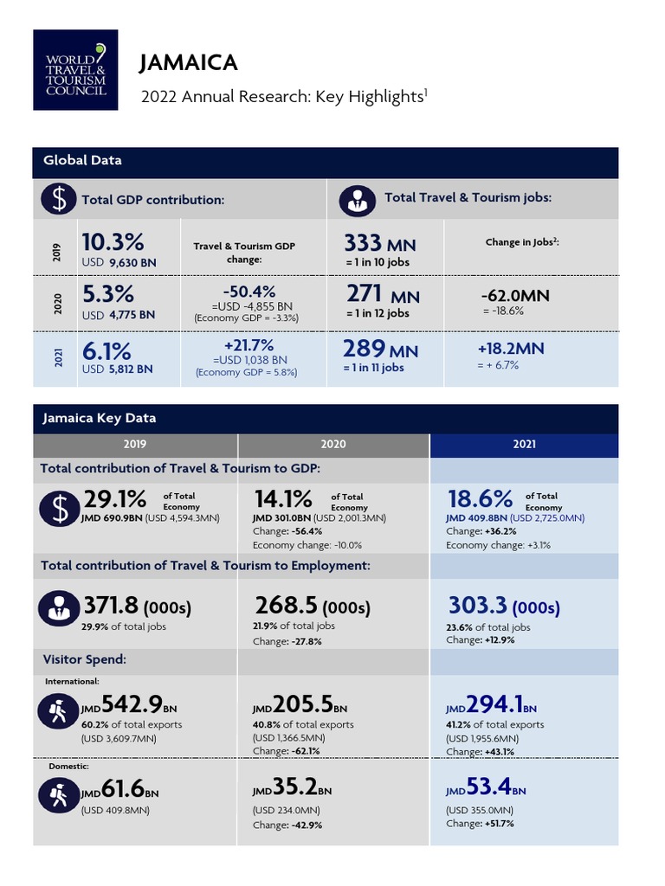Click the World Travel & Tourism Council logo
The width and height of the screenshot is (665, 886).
(x=75, y=69)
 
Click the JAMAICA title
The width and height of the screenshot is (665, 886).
(x=188, y=62)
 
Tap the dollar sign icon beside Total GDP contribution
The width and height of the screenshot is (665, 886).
(x=58, y=199)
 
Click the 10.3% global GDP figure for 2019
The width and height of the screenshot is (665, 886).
(x=113, y=241)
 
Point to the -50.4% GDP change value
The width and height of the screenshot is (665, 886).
(x=249, y=291)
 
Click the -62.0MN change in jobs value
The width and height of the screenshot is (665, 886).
(x=513, y=296)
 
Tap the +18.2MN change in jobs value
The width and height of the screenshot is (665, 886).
(x=511, y=349)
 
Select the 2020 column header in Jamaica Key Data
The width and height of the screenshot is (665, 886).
(x=332, y=444)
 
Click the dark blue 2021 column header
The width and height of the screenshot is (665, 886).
(x=524, y=444)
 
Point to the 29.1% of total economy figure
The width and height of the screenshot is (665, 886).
(x=115, y=499)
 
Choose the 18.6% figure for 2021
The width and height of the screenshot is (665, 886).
(x=480, y=499)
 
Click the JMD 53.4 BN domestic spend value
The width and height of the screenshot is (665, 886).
(x=486, y=789)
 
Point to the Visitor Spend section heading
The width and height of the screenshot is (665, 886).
(x=85, y=659)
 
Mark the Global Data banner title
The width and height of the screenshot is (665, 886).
(x=83, y=160)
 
